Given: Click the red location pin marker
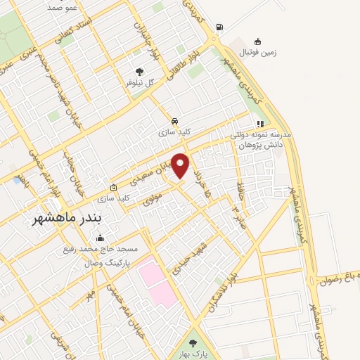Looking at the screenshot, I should (x=181, y=165).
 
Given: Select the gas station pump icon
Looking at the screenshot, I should (x=219, y=27).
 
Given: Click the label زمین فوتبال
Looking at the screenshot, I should (x=259, y=53).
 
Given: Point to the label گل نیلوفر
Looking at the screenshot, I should (x=139, y=82).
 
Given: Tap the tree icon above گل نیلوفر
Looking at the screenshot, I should (x=139, y=71).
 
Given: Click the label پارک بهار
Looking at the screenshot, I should (x=193, y=355).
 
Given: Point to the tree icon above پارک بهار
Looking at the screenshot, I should (x=193, y=344).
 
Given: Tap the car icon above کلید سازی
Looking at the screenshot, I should (x=174, y=120).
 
